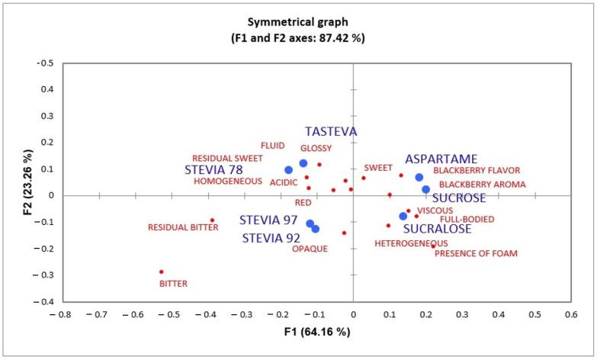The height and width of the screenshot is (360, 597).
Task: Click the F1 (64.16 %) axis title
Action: tap(300, 331)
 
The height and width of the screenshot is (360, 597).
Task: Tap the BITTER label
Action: tap(173, 284)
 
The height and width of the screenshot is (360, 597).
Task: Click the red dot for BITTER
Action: tap(162, 272)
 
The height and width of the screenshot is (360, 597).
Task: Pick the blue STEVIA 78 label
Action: tap(221, 169)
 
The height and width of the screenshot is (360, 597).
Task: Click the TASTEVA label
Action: tap(331, 131)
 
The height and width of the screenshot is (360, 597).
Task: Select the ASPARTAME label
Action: tap(441, 159)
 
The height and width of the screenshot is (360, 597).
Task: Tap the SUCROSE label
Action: tap(459, 198)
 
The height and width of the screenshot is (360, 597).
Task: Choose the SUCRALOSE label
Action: tap(437, 228)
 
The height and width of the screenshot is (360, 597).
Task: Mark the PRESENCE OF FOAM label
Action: tap(476, 253)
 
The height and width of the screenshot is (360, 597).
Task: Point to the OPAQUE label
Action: tap(310, 249)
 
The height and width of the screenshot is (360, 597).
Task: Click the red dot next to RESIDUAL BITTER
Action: tap(212, 220)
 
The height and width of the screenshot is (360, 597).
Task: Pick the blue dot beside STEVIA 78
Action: tap(288, 170)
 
